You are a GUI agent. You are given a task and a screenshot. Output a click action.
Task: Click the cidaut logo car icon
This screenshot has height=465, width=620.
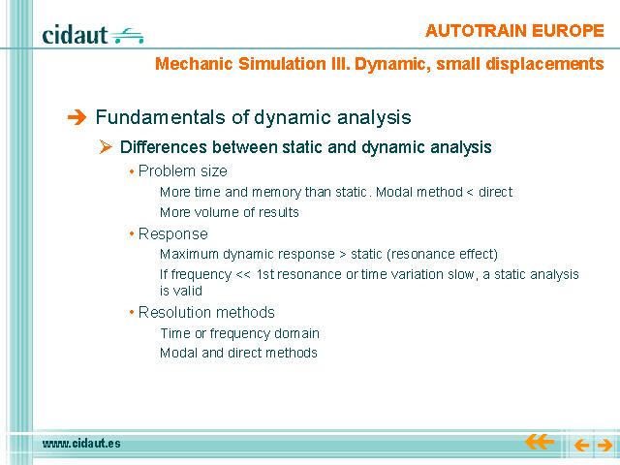coord(127,36)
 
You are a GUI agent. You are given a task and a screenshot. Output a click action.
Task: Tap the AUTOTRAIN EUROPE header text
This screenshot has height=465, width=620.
coord(514,31)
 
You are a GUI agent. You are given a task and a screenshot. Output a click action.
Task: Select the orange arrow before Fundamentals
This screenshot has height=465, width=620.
coord(77,117)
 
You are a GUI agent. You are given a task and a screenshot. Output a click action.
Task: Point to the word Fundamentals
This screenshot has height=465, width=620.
coord(162,117)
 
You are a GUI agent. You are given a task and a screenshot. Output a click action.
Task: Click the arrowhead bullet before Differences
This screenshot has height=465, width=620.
coord(106,147)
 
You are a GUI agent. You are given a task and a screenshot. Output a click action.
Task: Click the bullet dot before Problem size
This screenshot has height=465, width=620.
coord(132,171)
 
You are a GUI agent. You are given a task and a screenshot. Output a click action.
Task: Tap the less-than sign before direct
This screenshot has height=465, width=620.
coord(470,193)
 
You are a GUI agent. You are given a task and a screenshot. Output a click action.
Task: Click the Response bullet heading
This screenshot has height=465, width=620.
coord(172,234)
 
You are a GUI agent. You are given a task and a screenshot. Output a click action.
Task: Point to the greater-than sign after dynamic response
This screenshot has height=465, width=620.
coord(343,255)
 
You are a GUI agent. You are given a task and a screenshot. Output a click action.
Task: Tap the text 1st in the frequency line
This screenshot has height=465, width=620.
coord(265,274)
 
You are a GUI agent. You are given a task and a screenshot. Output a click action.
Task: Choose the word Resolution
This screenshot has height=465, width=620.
coord(173,312)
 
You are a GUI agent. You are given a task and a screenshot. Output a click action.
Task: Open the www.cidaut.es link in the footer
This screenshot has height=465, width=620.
coord(81,444)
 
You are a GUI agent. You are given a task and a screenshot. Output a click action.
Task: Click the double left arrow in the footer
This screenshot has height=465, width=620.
coord(540,442)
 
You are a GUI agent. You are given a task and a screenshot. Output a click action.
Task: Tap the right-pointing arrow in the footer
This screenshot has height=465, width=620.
coord(604,446)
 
